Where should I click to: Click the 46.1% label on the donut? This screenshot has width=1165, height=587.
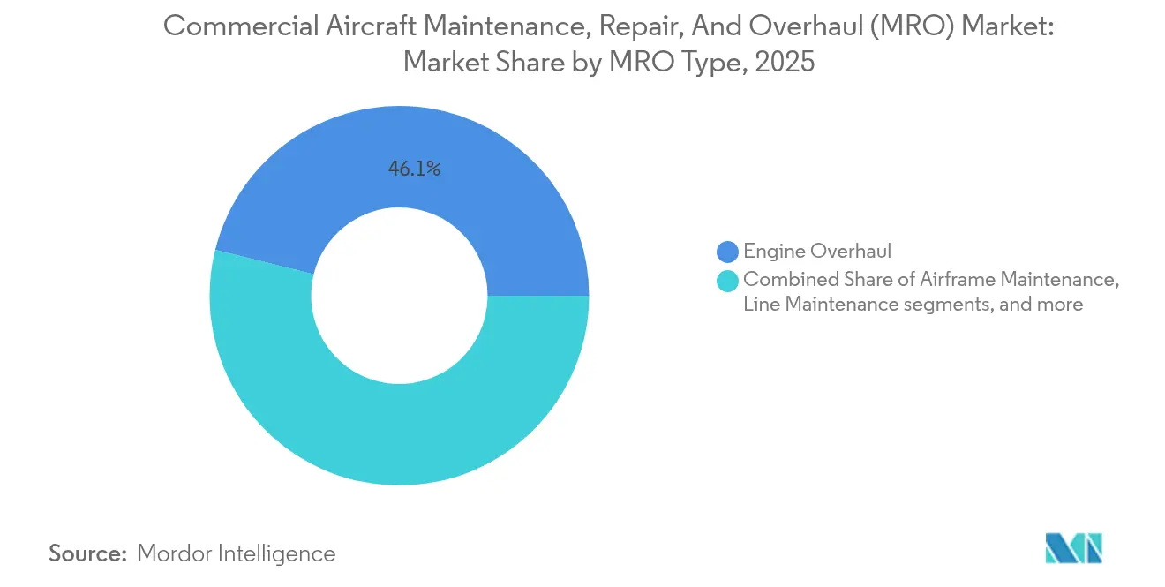(x=414, y=169)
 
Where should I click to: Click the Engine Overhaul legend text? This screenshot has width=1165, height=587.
(x=817, y=252)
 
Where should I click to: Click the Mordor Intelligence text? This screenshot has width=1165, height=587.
(x=237, y=553)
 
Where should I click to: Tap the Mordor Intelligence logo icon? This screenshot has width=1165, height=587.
(x=1073, y=548)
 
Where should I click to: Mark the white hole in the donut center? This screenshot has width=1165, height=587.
(x=399, y=296)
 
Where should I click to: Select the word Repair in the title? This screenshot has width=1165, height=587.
(x=633, y=26)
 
